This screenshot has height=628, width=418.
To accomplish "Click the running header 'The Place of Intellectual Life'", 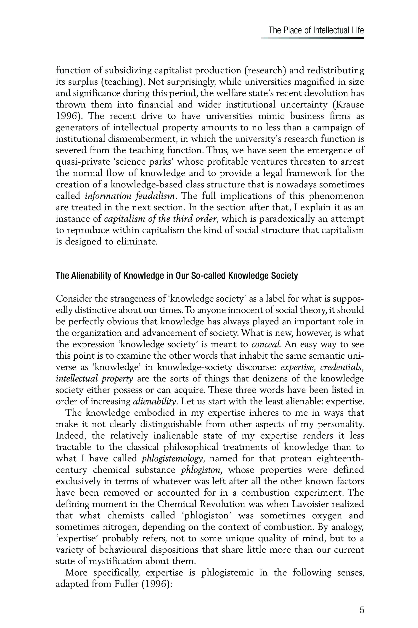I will [316, 30].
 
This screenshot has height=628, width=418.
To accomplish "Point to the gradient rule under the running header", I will [312, 38].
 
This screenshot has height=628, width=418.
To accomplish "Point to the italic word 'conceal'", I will [266, 344].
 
